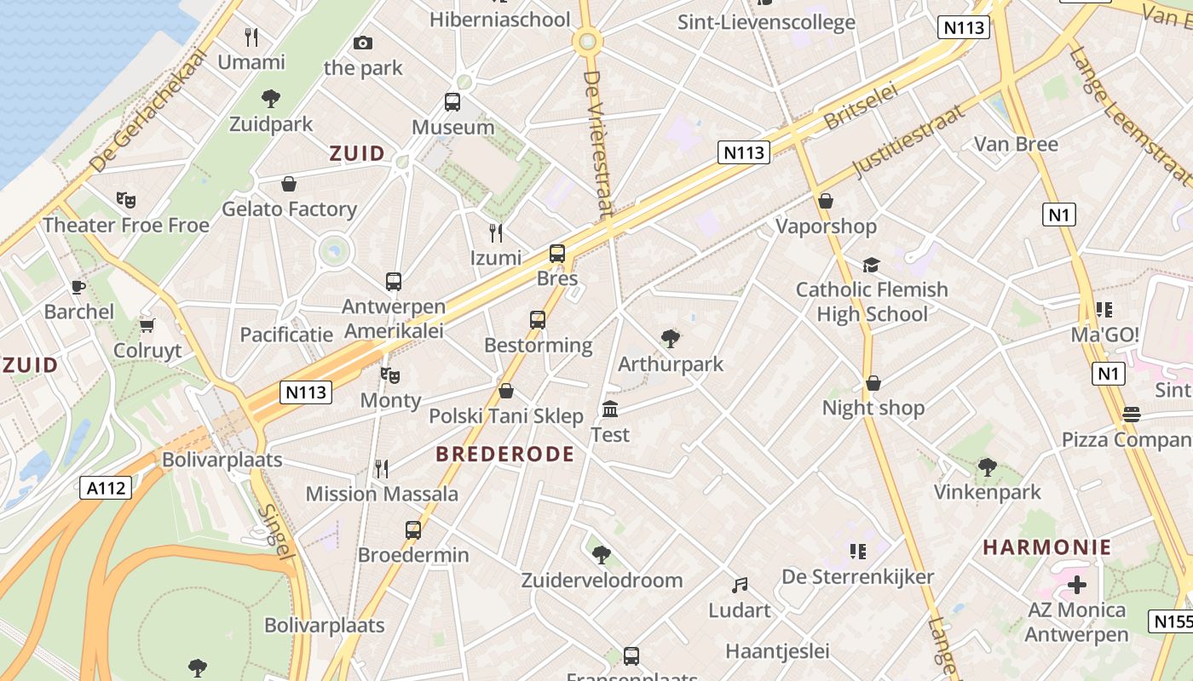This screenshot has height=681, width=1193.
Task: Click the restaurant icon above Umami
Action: coord(251,37)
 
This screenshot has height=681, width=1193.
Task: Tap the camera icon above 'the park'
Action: coord(363,43)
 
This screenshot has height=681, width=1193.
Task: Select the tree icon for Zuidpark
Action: coord(271,99)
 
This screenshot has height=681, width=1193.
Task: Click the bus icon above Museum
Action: coord(452,102)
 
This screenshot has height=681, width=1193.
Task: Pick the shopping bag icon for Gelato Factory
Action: coord(289,184)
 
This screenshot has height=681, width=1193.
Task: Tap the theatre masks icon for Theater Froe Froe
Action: coord(126,200)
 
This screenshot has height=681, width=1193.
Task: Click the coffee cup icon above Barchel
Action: coord(78,287)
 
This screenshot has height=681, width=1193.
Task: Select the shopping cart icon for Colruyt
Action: coord(147,325)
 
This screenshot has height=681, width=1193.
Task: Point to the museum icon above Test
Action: coord(610,409)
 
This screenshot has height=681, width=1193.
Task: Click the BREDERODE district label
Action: coord(504,455)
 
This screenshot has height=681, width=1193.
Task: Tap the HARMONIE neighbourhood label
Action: coord(1047,547)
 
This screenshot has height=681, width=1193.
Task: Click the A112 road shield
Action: coord(107,488)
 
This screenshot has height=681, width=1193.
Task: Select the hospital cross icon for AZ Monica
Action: coord(1077,585)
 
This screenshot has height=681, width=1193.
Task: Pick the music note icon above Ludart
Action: coord(740,586)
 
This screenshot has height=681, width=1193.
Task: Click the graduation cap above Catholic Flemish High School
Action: coord(871,265)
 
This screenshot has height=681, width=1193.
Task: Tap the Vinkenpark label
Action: coord(988,492)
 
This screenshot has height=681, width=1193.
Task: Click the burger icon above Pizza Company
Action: coord(1132,415)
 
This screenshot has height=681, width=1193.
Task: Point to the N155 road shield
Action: coord(1172,621)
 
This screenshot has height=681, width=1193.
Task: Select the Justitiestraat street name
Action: coord(910,140)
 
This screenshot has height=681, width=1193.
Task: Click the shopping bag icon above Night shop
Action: coord(873,383)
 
